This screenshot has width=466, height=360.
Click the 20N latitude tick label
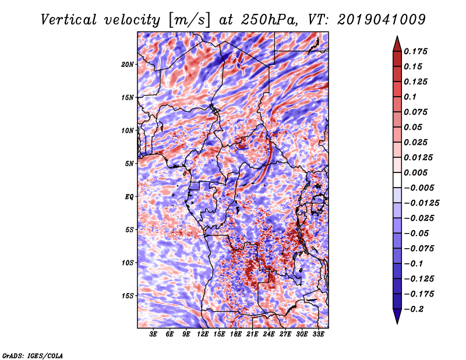pos(128,65)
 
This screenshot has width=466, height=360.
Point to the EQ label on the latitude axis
pos(129,197)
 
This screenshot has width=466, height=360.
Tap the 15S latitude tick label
pos(128,296)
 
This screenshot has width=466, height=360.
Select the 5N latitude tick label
pos(129,164)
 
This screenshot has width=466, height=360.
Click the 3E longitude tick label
pos(153,334)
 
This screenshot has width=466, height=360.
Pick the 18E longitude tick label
pos(236,334)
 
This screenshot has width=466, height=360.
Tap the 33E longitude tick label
pos(318,334)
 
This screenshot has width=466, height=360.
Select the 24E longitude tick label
pos(269,334)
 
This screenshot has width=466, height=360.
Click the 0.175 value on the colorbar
pos(415,51)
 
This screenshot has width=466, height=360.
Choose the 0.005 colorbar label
pos(415,172)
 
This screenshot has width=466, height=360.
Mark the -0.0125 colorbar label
pos(421,203)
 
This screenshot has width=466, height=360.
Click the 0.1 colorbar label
pos(410,97)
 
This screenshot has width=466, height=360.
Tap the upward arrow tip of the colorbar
pos(397,36)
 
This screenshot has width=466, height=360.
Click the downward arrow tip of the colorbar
pos(397,323)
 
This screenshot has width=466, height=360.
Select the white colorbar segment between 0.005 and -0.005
pos(397,180)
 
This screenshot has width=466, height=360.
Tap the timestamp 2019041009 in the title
pos(382,20)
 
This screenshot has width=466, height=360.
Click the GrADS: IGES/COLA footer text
pos(33,356)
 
